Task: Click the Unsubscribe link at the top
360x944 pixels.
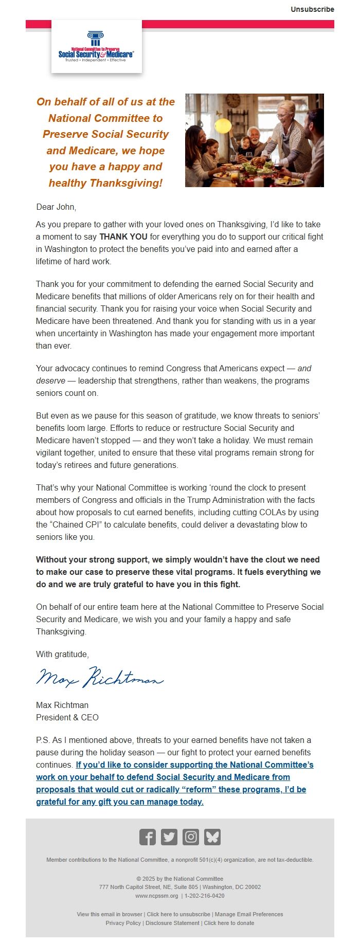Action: tap(312, 9)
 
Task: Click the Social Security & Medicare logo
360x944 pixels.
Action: tap(96, 47)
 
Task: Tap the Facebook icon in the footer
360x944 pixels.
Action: tap(147, 837)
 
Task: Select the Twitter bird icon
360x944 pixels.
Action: tap(169, 837)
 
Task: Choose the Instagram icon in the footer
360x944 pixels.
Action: tap(191, 837)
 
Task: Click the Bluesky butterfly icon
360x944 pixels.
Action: tap(212, 837)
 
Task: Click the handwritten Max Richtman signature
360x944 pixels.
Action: tap(100, 678)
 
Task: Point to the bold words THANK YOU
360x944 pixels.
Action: tap(123, 237)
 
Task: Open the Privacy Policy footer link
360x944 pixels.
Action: tap(123, 923)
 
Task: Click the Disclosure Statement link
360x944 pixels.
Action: tap(172, 923)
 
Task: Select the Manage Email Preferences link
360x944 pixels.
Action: tap(249, 914)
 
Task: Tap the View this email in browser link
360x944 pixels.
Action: tap(110, 914)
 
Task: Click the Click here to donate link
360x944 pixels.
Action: tap(229, 923)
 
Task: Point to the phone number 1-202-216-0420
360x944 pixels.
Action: tap(205, 895)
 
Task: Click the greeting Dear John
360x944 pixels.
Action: tap(56, 207)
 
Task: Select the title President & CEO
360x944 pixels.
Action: tap(67, 717)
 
